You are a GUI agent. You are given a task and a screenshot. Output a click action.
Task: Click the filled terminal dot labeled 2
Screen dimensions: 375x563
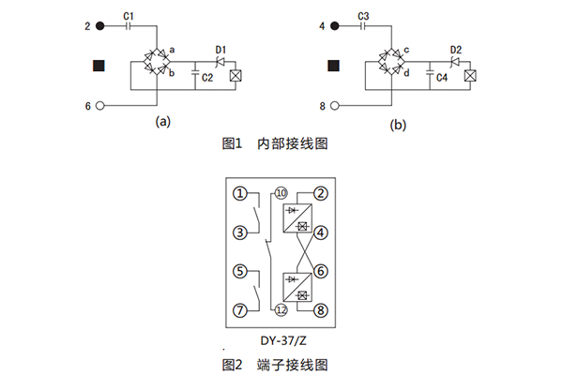100,26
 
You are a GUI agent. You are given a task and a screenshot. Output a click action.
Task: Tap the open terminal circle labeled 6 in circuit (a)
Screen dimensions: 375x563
100,106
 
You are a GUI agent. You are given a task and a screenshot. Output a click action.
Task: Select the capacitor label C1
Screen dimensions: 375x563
129,15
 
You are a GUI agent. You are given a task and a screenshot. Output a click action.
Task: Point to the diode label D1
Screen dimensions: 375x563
221,49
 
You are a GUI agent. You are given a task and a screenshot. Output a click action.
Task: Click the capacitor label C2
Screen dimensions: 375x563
206,80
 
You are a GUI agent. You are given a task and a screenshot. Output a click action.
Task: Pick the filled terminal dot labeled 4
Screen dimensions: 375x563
335,26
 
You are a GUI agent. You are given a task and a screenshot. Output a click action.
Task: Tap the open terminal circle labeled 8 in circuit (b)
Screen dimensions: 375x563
335,106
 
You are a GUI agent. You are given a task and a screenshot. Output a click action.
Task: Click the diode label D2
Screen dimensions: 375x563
455,49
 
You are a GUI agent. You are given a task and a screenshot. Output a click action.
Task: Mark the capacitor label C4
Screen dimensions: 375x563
441,80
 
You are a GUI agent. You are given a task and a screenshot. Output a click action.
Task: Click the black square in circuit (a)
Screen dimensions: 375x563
99,66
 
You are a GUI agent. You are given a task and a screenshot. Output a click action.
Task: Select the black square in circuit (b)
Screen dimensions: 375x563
333,66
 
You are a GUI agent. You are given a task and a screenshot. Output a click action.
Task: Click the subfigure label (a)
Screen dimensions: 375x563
163,121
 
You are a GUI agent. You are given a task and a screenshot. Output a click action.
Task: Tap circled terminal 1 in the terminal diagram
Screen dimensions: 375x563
241,194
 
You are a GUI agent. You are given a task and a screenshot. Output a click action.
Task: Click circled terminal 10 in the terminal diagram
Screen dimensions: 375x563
281,194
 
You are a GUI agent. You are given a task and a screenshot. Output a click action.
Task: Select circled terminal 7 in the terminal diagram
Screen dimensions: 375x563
241,309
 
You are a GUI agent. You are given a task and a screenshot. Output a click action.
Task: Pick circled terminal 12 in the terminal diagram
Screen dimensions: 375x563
281,309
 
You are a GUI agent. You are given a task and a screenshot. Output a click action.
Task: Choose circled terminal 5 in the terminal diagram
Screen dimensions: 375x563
241,272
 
